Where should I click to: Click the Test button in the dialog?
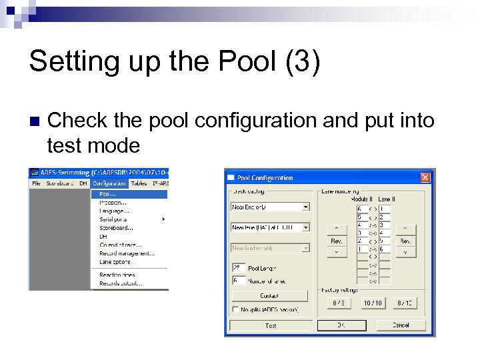(271, 325)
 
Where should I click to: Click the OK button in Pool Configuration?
(341, 325)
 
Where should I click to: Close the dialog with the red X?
(425, 177)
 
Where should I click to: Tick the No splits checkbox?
(235, 309)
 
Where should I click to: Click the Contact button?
(269, 295)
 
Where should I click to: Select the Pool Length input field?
(238, 267)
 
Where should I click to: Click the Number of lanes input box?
(238, 280)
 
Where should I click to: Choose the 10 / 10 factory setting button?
(373, 303)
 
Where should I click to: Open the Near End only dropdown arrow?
(306, 207)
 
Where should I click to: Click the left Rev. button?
(337, 241)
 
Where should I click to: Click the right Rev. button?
(405, 241)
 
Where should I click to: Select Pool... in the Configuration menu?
(108, 194)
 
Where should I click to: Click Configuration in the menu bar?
(109, 183)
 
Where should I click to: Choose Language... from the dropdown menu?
(114, 211)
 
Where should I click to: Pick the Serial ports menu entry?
(113, 219)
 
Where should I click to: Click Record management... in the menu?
(127, 253)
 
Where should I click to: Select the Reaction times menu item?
(117, 275)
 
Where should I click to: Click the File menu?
(36, 183)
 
